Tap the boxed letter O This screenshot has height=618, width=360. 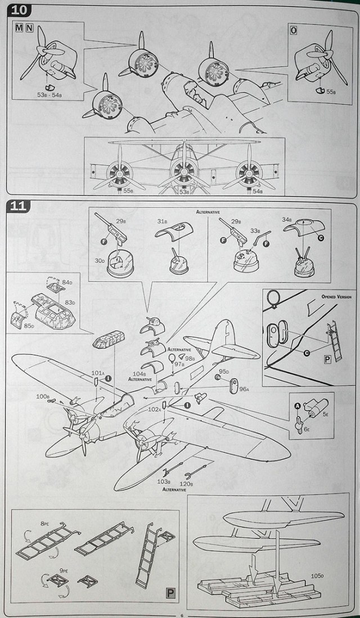293,30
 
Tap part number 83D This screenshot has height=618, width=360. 70,303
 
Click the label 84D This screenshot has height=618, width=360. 67,282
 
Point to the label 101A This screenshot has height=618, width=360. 97,373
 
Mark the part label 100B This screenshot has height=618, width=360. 43,397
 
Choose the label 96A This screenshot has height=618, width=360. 244,389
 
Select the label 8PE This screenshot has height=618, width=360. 45,523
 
